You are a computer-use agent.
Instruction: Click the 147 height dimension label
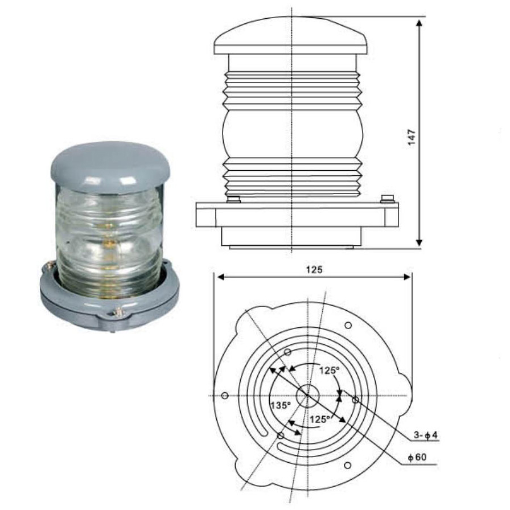click(x=412, y=138)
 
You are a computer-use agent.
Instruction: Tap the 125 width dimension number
click(x=314, y=270)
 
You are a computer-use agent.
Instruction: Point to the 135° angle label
click(x=281, y=406)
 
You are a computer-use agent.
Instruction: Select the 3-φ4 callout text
click(x=426, y=435)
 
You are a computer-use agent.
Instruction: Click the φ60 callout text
click(x=417, y=457)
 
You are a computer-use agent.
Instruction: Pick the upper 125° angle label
click(x=329, y=371)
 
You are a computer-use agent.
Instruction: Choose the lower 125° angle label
click(x=320, y=419)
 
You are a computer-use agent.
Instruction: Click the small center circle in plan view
click(x=308, y=396)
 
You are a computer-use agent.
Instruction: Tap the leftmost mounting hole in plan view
click(x=225, y=396)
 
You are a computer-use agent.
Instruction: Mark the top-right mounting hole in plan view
click(x=348, y=325)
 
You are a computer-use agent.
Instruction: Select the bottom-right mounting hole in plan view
click(x=347, y=466)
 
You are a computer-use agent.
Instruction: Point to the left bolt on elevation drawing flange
click(x=233, y=199)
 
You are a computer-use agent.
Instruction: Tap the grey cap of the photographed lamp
click(x=110, y=167)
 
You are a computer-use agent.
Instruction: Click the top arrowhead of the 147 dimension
click(x=419, y=23)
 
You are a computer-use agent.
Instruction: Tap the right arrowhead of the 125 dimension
click(x=406, y=277)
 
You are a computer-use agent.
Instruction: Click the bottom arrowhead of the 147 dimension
click(x=419, y=242)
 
